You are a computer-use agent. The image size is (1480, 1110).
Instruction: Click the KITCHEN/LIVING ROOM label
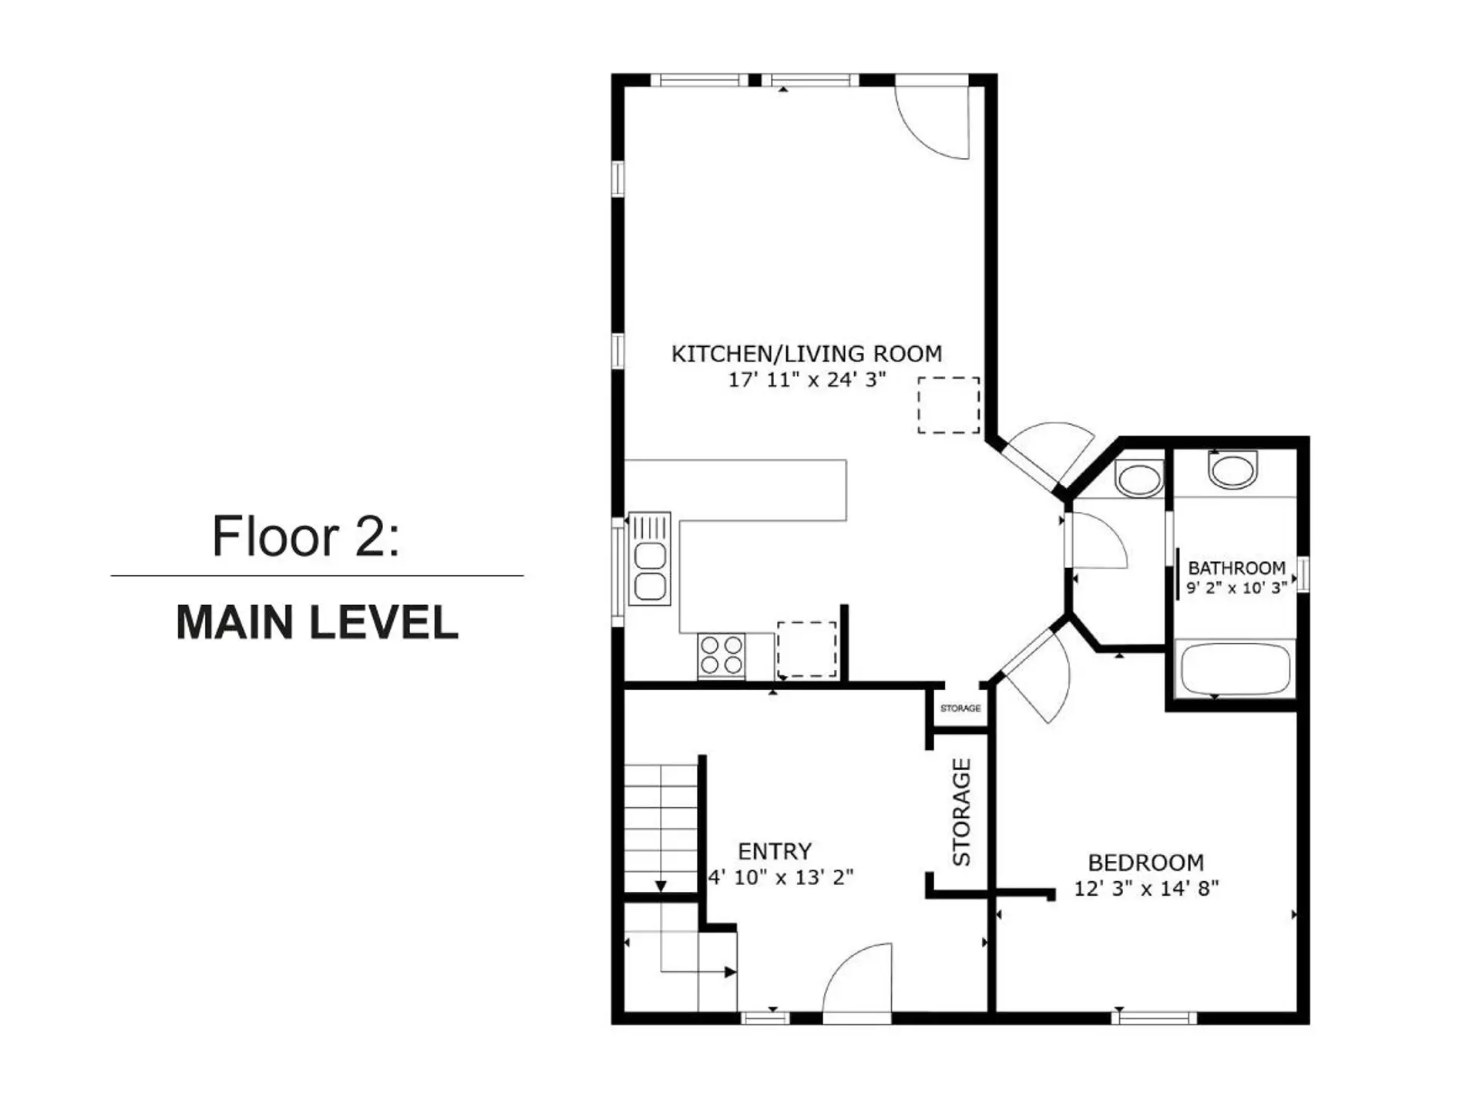[x=806, y=354]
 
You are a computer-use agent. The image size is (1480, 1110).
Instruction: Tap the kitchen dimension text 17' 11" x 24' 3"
[x=806, y=379]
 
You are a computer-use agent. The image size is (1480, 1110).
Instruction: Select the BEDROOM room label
[x=1145, y=862]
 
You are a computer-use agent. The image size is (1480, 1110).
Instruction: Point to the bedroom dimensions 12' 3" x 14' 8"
[x=1145, y=888]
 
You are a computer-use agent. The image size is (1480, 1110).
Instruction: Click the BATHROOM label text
[x=1236, y=568]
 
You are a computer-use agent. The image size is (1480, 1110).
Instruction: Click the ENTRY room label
[x=774, y=851]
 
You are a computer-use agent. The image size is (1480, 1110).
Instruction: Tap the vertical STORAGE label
[x=961, y=812]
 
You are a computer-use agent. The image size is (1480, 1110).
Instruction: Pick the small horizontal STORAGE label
[x=960, y=708]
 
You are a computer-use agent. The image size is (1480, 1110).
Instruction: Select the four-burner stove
[x=721, y=655]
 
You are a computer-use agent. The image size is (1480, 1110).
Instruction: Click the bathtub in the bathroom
[x=1235, y=670]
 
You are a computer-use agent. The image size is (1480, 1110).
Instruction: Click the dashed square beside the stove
[x=806, y=649]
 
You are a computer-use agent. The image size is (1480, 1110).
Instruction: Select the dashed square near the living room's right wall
[x=948, y=405]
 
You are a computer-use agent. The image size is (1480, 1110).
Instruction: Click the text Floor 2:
[x=306, y=536]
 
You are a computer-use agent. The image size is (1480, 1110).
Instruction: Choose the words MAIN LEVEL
[x=317, y=623]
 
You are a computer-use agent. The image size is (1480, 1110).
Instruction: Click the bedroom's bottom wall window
[x=1153, y=1017]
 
